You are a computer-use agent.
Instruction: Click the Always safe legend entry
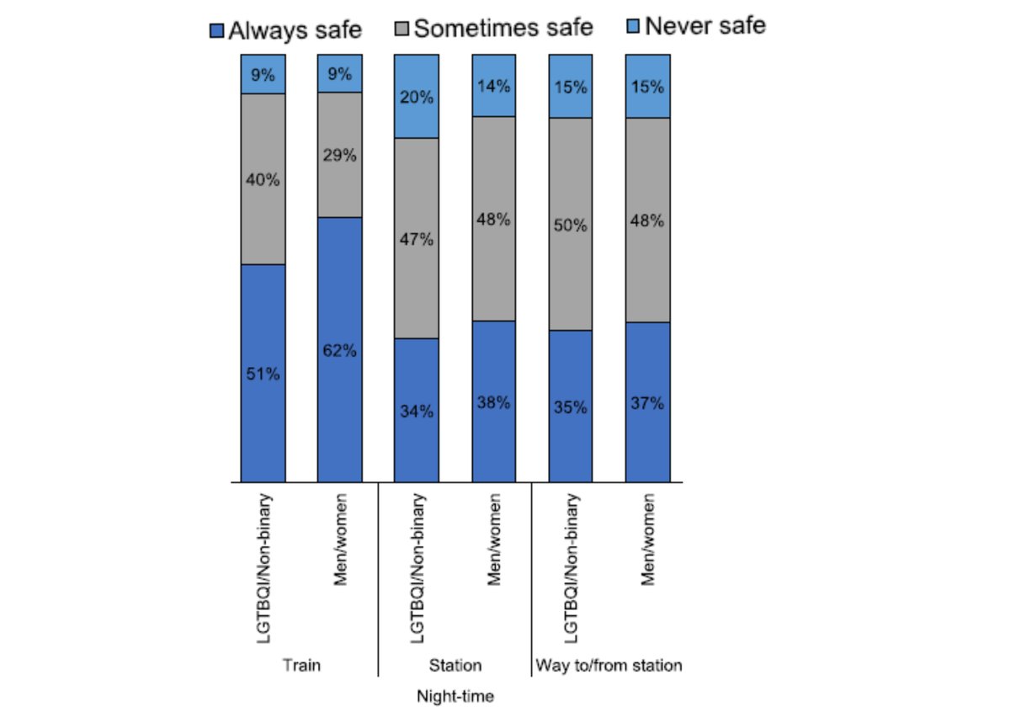(286, 30)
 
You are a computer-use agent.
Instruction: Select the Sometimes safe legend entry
(494, 28)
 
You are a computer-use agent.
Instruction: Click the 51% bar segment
(263, 373)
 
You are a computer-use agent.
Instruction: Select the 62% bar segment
(339, 349)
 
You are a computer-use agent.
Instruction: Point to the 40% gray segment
(263, 179)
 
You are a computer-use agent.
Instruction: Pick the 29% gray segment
(339, 155)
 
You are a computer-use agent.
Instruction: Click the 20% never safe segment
(417, 96)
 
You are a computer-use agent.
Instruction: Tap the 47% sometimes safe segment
(417, 238)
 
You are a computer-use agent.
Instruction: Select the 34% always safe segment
(417, 410)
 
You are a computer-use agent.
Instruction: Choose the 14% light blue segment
(493, 85)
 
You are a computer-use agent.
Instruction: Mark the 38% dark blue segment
(493, 401)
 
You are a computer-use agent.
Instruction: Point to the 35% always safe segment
(571, 406)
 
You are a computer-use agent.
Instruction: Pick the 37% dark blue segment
(647, 402)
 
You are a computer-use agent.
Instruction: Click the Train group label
(301, 666)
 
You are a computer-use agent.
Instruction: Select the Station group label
(455, 666)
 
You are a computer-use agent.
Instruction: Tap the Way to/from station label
(609, 666)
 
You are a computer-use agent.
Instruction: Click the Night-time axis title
(455, 697)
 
